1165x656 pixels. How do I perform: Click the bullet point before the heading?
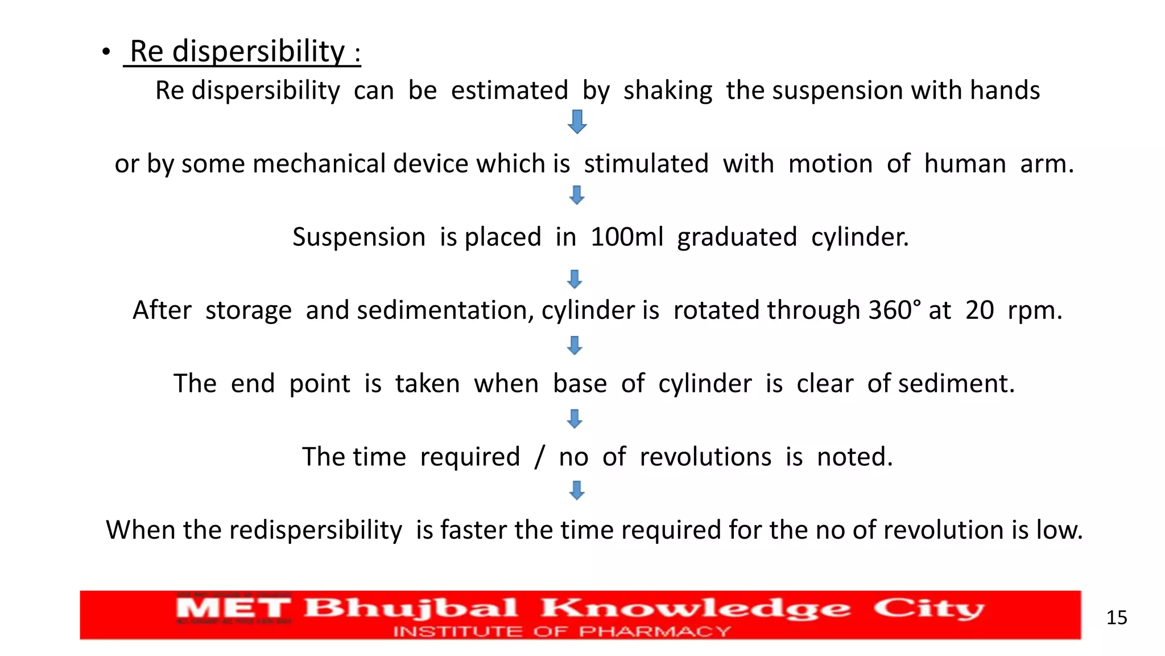(x=106, y=53)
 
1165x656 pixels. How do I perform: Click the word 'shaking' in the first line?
(x=667, y=91)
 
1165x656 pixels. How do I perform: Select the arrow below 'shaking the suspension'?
(x=577, y=122)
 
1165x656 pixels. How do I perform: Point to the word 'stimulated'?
(x=646, y=164)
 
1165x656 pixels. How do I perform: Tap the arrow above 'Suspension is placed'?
(x=577, y=195)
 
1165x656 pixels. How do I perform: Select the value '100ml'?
(x=627, y=237)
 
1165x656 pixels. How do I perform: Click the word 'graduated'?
(x=737, y=237)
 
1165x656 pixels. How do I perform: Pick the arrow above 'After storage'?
(x=575, y=279)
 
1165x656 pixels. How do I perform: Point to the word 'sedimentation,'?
(x=445, y=311)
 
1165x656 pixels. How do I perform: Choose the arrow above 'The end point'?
(x=575, y=345)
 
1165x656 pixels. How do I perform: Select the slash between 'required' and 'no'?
(x=539, y=457)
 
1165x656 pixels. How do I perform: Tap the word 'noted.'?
(x=854, y=457)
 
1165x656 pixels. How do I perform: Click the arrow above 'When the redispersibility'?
(x=577, y=490)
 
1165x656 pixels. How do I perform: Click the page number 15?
(x=1117, y=618)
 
